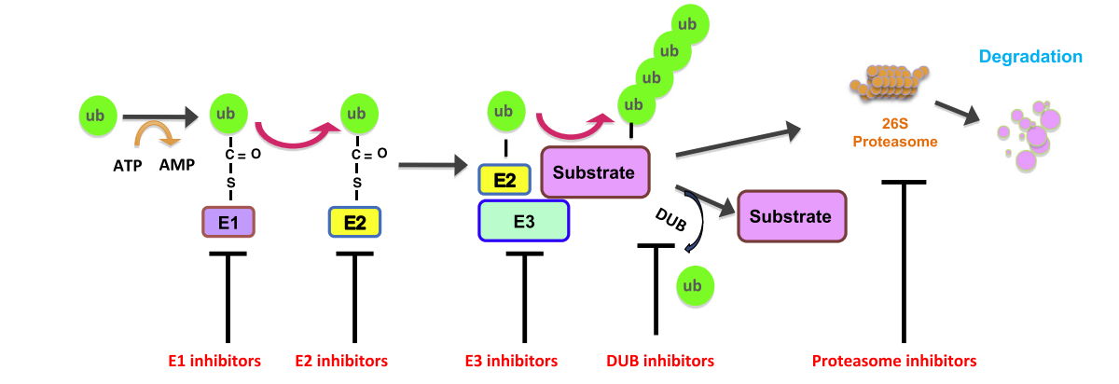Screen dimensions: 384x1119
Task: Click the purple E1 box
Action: pos(228,223)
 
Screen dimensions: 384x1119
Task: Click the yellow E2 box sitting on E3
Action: pos(504,180)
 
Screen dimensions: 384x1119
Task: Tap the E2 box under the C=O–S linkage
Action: pos(354,223)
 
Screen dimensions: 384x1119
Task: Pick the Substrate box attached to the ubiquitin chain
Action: pos(594,171)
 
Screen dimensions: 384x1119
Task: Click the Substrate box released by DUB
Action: pos(792,216)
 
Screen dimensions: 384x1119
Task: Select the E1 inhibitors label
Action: pos(214,360)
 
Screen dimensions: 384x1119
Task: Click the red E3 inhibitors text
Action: pos(511,360)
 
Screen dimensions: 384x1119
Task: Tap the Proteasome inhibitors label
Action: pos(894,360)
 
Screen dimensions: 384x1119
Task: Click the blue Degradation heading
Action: pos(1029,57)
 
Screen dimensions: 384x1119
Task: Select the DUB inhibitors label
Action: pos(660,360)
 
